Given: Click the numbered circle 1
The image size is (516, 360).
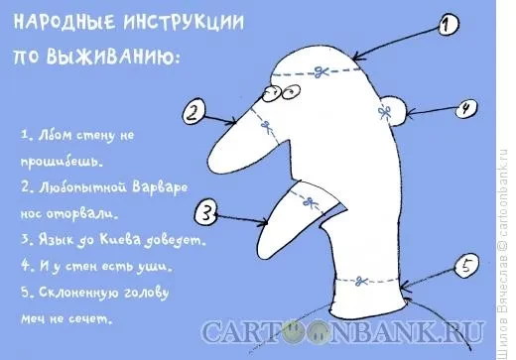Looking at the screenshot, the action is pyautogui.click(x=449, y=25).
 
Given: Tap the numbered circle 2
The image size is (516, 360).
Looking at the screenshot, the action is pyautogui.click(x=194, y=112).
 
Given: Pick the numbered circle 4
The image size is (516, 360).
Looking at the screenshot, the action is pyautogui.click(x=466, y=108).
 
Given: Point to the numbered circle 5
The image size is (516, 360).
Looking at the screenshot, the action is pyautogui.click(x=466, y=266).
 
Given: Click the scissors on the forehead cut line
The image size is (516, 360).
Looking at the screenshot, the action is pyautogui.click(x=321, y=71).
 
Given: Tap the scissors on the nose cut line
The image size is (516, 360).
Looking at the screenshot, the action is pyautogui.click(x=266, y=127).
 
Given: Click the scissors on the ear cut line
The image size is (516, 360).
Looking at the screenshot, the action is pyautogui.click(x=384, y=112).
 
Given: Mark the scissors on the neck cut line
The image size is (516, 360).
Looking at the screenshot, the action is pyautogui.click(x=361, y=282).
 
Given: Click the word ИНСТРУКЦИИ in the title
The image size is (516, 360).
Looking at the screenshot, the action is pyautogui.click(x=184, y=23).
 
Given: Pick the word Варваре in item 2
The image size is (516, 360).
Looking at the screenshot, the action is pyautogui.click(x=160, y=187).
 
